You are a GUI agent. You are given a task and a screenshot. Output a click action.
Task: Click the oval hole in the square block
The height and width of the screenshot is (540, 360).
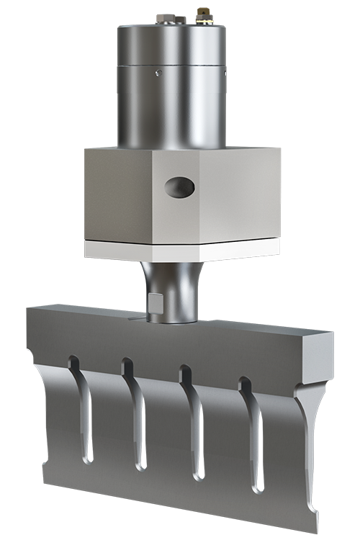click(179, 188)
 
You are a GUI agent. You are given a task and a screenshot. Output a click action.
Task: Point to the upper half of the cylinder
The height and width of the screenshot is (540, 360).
click(173, 43)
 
